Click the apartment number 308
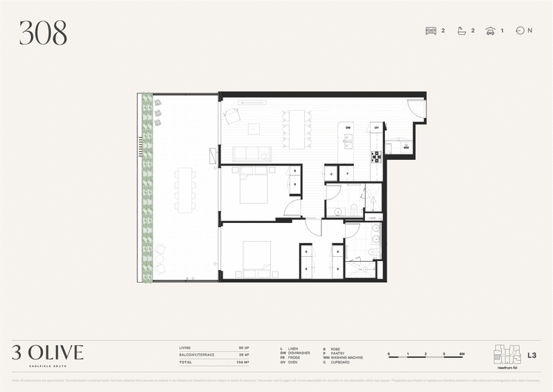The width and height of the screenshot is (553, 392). click(x=43, y=33)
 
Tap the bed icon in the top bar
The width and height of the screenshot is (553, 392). click(x=431, y=30)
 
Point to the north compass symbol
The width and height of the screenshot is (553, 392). click(x=520, y=30)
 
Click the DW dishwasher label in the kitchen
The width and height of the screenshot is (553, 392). click(x=348, y=128)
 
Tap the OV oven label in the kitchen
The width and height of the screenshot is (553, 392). click(x=377, y=128)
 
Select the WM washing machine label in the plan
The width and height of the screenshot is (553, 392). click(x=406, y=148)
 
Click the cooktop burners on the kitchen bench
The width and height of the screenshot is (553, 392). click(x=377, y=157)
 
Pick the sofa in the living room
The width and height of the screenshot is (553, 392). click(x=252, y=154)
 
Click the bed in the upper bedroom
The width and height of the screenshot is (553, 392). click(x=253, y=187)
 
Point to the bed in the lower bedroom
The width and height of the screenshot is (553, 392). click(x=256, y=260)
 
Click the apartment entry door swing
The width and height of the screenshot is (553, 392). click(x=416, y=108)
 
